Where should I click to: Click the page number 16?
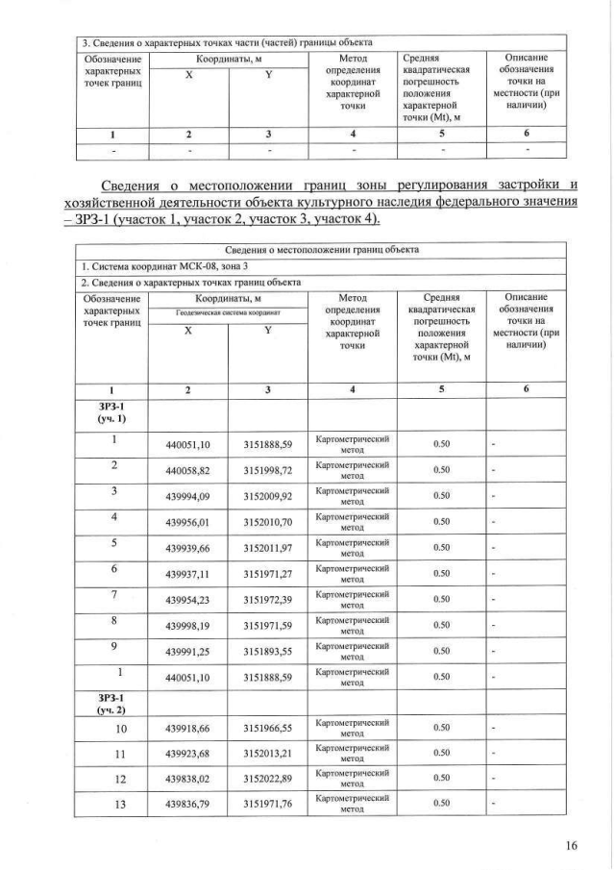coord(572,846)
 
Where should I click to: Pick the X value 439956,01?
coord(187,524)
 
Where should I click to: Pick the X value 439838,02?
coord(187,777)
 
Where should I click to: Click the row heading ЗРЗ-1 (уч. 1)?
coord(112,415)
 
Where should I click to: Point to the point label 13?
coord(113,802)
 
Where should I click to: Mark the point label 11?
coord(113,752)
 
